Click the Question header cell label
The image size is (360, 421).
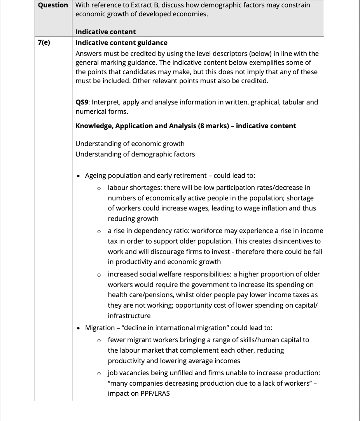click(x=53, y=5)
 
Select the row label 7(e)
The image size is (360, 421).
click(x=44, y=43)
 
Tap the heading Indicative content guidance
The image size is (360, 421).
click(x=121, y=43)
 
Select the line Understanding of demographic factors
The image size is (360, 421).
click(x=135, y=154)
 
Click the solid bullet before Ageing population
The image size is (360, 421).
click(x=79, y=176)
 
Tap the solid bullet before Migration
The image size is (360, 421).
click(x=79, y=328)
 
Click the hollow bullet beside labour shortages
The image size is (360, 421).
click(x=100, y=188)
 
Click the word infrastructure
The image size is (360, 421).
click(x=129, y=316)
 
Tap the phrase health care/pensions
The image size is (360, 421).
click(x=140, y=295)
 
